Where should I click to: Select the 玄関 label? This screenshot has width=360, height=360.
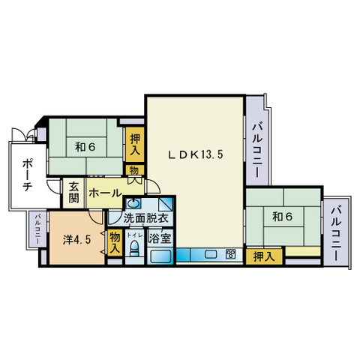click(74, 193)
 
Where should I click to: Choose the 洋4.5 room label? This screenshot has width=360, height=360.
click(76, 240)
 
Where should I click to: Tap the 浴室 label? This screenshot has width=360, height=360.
click(159, 238)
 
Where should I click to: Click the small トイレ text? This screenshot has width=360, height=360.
click(134, 235)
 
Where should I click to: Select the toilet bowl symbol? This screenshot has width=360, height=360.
click(134, 250)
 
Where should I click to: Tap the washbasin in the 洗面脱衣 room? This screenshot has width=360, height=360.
click(133, 203)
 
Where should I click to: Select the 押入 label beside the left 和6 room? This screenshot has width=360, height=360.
click(135, 144)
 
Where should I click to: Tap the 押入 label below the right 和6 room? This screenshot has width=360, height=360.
click(262, 256)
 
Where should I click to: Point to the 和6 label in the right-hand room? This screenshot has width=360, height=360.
click(281, 217)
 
